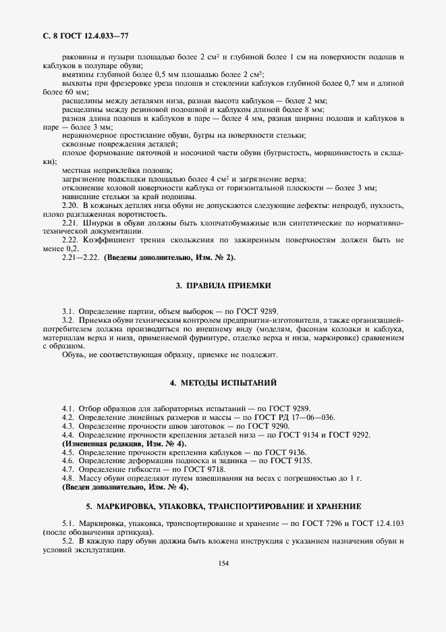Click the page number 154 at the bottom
coord(223,564)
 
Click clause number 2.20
coord(70,205)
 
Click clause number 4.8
coord(68,478)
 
